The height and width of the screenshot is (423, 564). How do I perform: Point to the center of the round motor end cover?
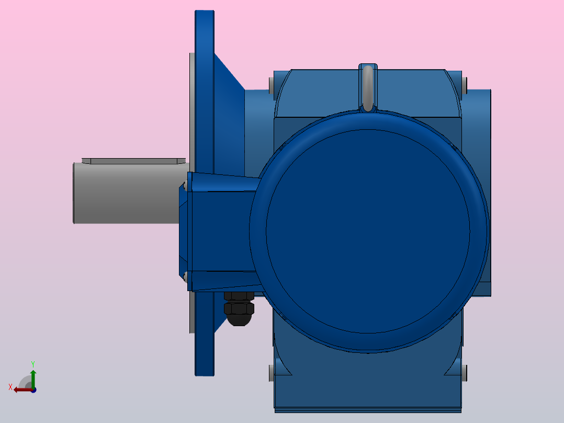point(368,230)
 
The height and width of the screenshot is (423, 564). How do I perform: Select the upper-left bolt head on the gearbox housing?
point(271,85)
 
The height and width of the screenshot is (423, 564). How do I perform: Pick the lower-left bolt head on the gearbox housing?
point(271,373)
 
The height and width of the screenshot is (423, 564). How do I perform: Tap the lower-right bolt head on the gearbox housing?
point(465,373)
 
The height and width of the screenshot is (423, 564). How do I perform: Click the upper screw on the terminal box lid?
point(185,185)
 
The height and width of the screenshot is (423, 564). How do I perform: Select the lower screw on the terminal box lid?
point(185,276)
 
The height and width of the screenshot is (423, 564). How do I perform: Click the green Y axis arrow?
point(33,377)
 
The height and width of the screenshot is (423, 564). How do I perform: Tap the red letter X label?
point(10,387)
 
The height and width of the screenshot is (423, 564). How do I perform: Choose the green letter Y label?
point(33,363)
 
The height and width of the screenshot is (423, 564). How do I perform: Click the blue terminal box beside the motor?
point(220,230)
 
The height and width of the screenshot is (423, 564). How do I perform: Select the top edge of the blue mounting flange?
point(205,12)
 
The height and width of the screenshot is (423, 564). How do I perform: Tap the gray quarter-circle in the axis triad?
point(26,382)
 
